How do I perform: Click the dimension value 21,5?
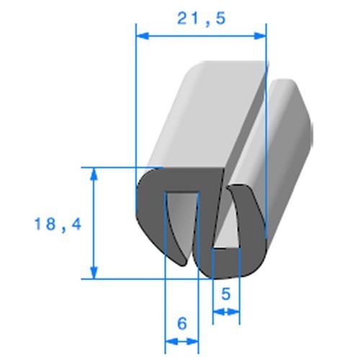click(201, 19)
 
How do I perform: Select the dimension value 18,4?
click(58, 225)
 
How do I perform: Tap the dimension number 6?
click(181, 323)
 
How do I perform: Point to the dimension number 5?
click(225, 293)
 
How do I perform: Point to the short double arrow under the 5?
click(225, 312)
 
